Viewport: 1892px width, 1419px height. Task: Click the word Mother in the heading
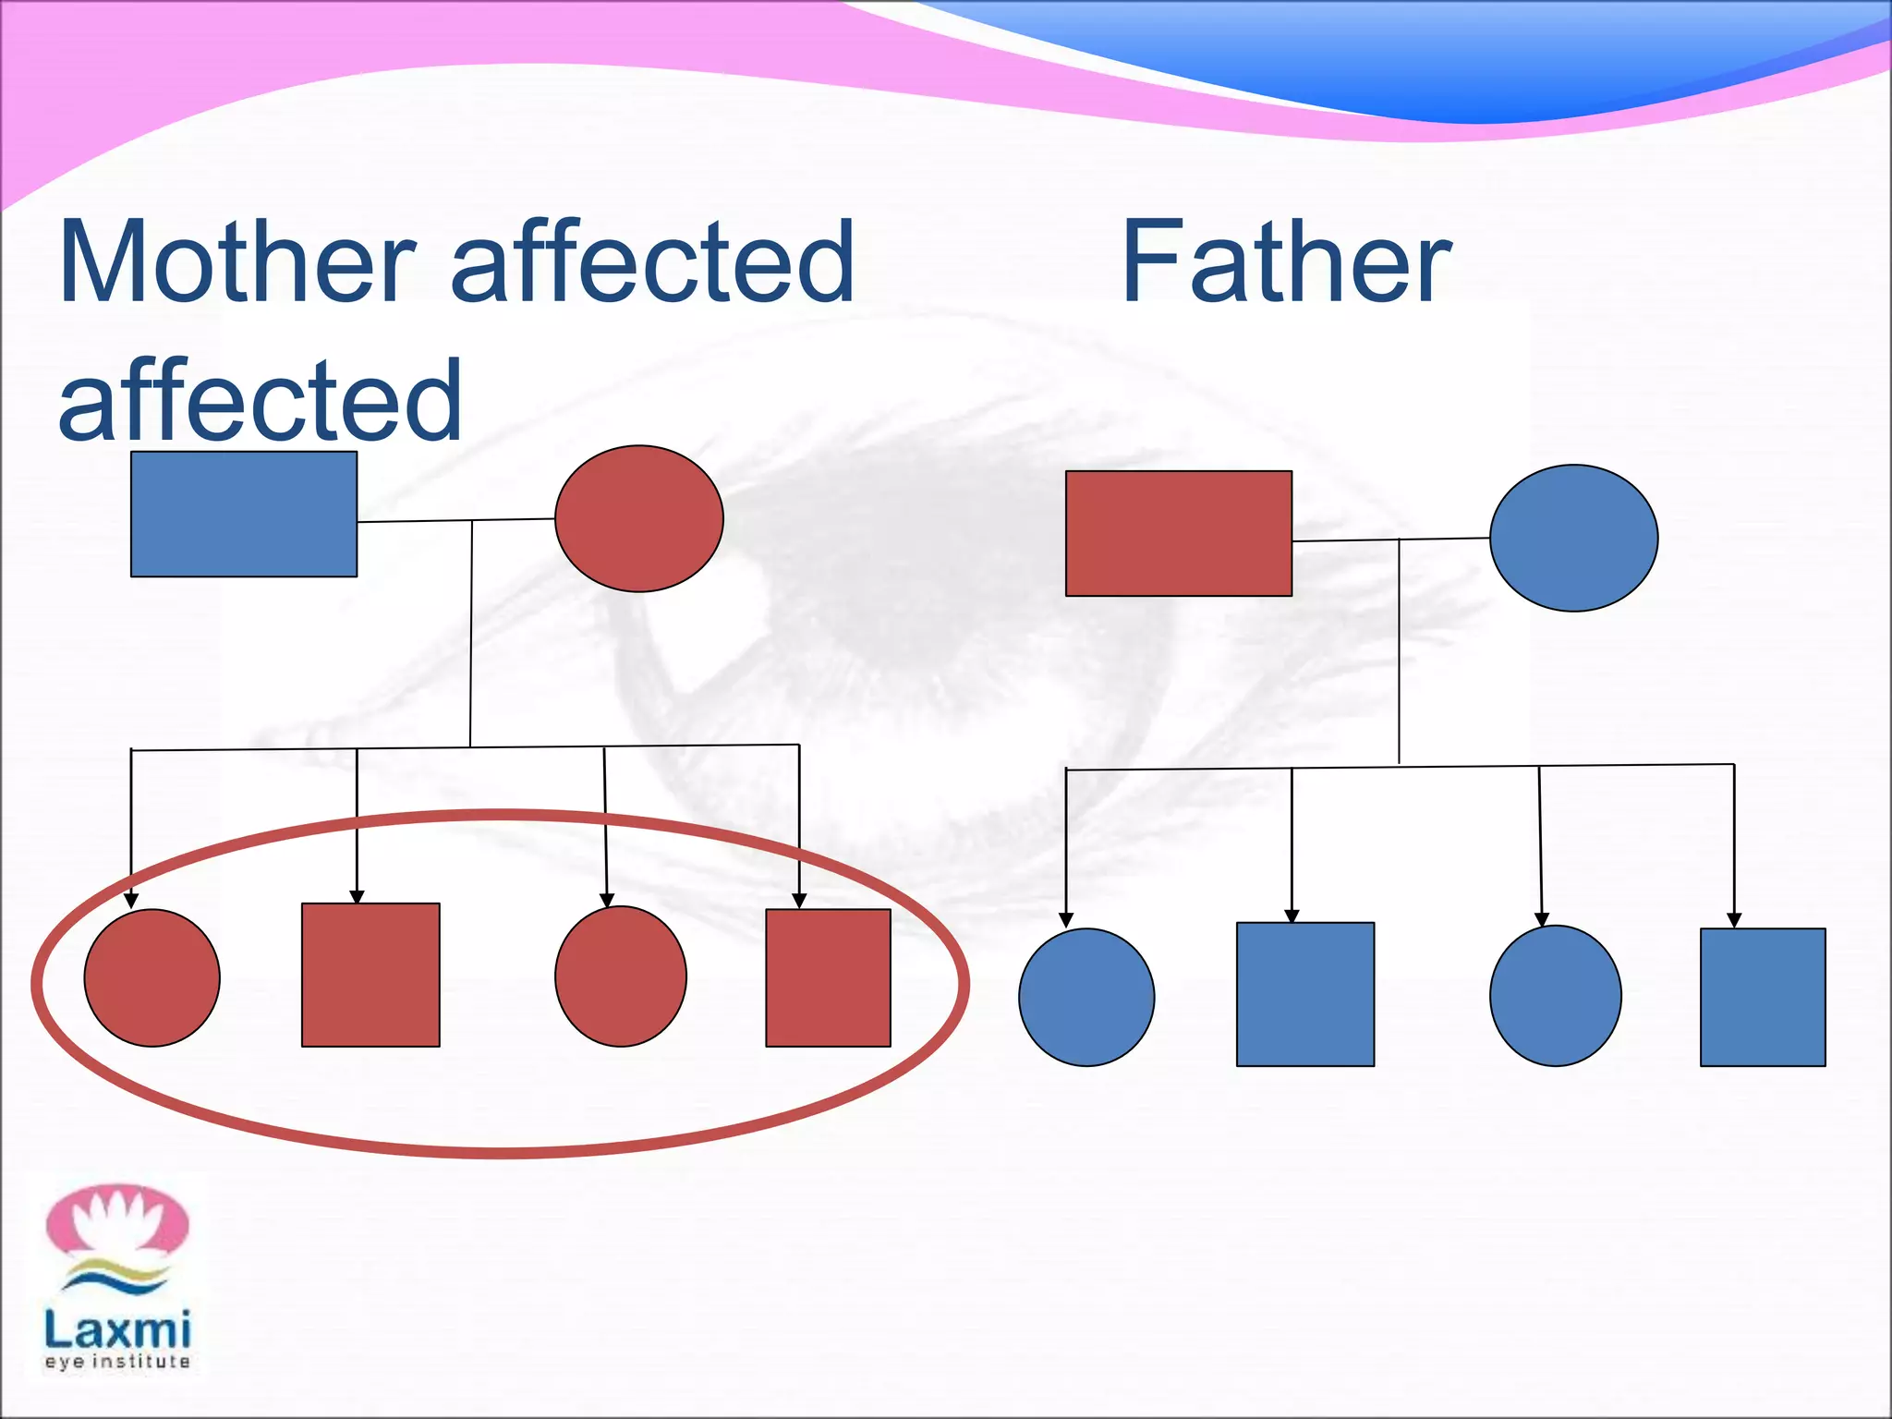coord(236,262)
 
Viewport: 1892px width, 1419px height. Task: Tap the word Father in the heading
coord(1285,262)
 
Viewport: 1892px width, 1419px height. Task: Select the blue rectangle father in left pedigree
coord(244,515)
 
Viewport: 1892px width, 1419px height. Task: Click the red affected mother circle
coord(638,518)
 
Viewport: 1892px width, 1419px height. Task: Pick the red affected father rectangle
coord(1179,533)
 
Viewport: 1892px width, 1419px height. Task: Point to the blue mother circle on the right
coord(1573,538)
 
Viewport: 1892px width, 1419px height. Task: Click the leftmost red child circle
coord(152,977)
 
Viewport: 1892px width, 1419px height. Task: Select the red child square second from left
coord(370,975)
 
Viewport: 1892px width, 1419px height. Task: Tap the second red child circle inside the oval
coord(621,976)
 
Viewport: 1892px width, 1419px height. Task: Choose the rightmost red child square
coord(828,977)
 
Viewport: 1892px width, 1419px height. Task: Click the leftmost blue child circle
coord(1086,997)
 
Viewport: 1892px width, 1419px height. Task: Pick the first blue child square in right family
coord(1305,994)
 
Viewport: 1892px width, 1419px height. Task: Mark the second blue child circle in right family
coord(1556,996)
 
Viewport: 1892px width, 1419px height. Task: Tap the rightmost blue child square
coord(1763,997)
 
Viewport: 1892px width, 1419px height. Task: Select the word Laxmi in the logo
coord(117,1329)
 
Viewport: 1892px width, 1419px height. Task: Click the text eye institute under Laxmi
coord(117,1362)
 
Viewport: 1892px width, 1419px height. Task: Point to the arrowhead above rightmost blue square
coord(1734,920)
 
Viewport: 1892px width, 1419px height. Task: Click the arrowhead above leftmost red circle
coord(131,901)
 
